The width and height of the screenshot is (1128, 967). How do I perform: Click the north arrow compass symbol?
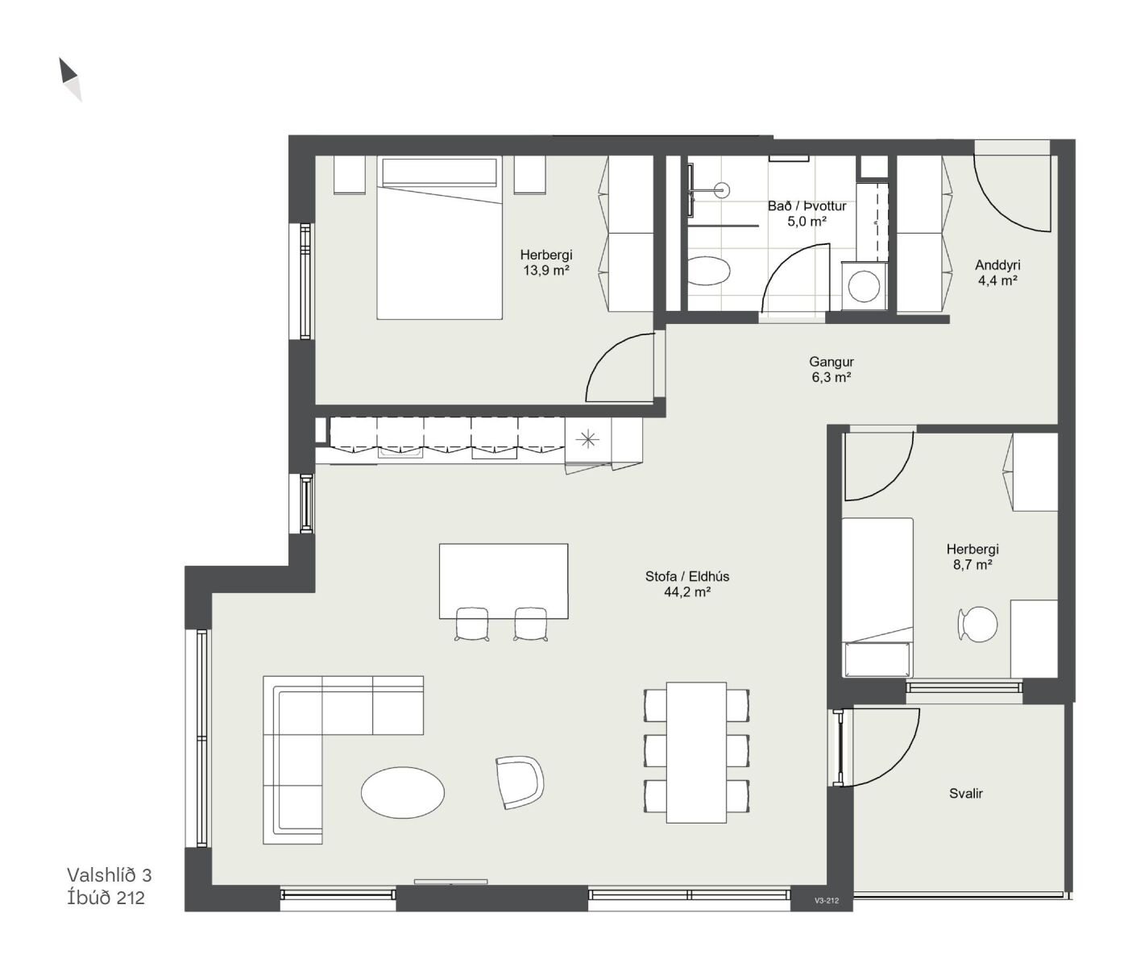70,79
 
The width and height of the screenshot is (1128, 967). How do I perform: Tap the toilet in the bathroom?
708,271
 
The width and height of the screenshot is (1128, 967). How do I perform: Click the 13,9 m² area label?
546,270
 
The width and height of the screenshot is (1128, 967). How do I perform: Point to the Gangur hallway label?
831,361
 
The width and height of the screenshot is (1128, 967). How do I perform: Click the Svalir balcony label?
966,794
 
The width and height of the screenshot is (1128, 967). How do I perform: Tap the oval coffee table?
403,792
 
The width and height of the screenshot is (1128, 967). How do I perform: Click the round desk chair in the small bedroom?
977,624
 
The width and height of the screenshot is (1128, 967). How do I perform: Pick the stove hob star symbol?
587,439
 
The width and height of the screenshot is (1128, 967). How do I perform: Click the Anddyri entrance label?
997,265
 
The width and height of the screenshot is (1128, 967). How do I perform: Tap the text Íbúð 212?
106,898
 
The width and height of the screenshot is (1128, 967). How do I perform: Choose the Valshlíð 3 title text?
110,875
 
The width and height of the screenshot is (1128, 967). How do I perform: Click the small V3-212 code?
826,901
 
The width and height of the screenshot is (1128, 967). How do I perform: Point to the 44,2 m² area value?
687,592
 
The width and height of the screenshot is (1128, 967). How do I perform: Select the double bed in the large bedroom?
439,238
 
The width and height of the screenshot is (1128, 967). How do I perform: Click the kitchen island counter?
504,581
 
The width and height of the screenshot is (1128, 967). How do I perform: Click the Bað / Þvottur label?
807,206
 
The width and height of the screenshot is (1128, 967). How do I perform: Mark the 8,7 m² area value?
972,565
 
